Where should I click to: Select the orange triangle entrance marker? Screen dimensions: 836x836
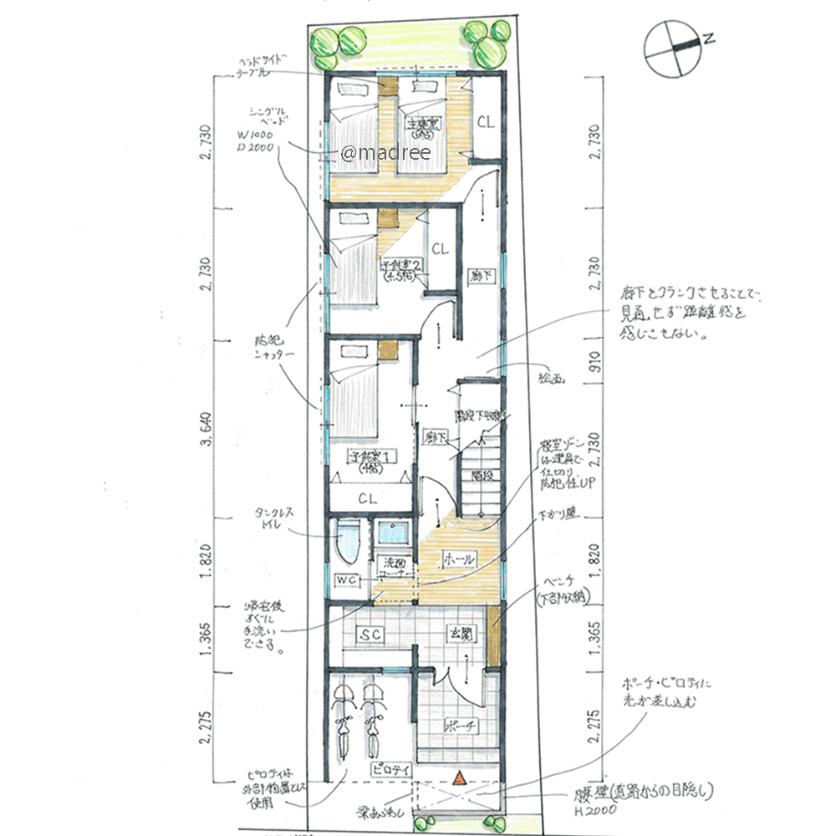pos(457,777)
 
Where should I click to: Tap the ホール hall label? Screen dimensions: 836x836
pos(459,558)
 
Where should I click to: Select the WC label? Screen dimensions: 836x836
pos(346,579)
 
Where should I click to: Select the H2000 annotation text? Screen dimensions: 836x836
pos(595,808)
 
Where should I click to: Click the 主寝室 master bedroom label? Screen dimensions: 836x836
pos(420,127)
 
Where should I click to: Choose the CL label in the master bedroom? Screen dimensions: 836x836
pos(486,121)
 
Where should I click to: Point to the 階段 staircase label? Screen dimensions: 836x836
pos(480,474)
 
